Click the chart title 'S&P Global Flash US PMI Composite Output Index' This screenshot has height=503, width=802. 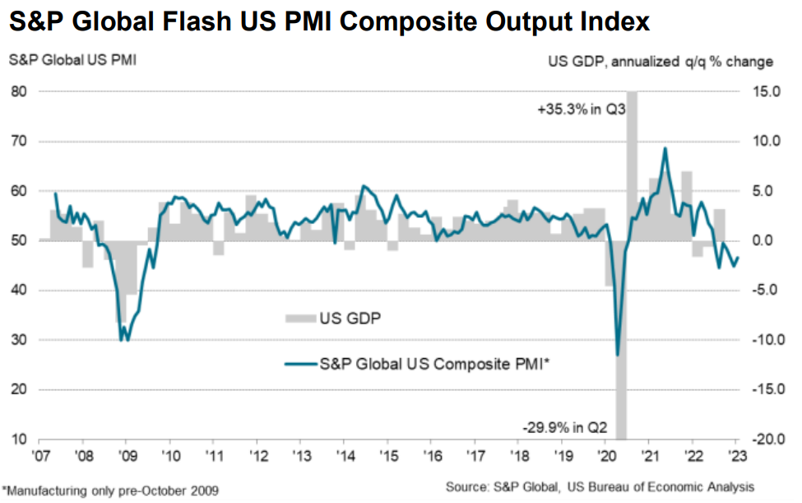tap(330, 22)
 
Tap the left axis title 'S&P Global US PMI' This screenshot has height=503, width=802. tap(63, 61)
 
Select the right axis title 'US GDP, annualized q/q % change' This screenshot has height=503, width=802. tap(661, 61)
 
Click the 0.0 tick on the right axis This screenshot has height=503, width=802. tap(767, 240)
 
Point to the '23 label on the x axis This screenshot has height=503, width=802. tap(735, 454)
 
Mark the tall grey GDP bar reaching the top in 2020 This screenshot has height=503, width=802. tap(632, 165)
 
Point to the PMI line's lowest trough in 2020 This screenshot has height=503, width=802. tap(617, 355)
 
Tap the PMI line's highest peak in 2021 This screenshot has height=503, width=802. tap(665, 148)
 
